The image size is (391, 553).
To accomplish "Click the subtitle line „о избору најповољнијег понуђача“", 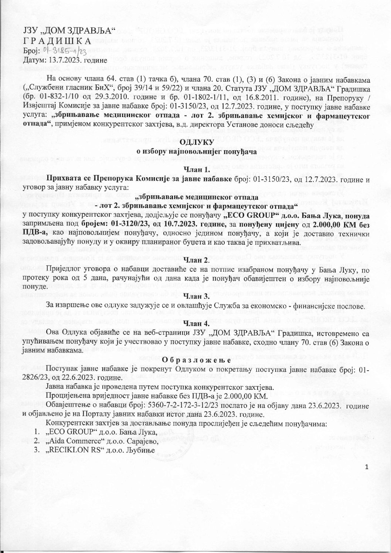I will [195, 151].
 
